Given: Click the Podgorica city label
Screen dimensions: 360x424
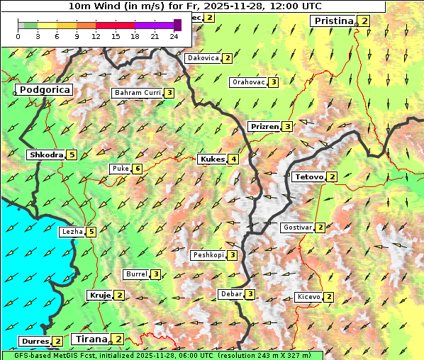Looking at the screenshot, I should [44, 90].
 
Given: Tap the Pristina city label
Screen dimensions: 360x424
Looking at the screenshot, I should [333, 21].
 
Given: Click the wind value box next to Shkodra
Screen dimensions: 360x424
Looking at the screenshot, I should [72, 155].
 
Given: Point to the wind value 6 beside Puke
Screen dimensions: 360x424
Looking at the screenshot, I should [137, 169].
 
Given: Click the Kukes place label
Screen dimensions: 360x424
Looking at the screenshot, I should [212, 159].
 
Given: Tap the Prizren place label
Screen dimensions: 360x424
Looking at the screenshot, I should [264, 127].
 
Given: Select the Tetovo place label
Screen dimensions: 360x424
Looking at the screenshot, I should [308, 176].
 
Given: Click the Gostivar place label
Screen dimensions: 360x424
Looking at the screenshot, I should [296, 227].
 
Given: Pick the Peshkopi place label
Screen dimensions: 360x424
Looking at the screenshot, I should [208, 255].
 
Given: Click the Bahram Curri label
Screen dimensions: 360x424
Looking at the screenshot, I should [138, 93].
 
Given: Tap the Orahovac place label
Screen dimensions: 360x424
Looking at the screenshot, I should [248, 82].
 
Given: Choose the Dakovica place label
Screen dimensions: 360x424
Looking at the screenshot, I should [202, 58].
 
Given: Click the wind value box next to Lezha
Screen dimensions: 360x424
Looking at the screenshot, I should [91, 232].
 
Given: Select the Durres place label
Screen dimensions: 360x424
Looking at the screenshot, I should [35, 342].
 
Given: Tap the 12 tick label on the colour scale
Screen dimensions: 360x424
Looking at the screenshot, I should [96, 35].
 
